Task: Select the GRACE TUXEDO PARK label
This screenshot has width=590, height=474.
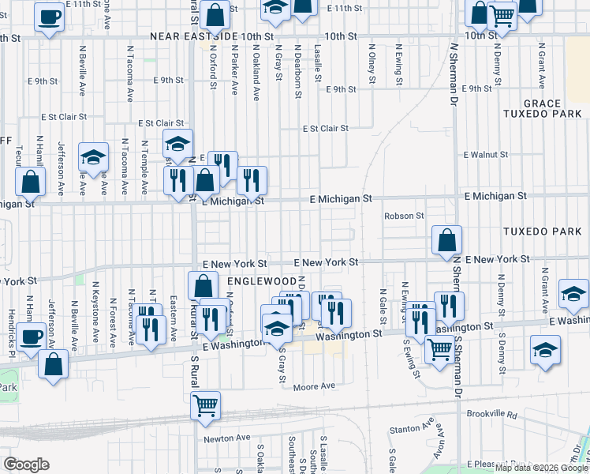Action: [x=552, y=108]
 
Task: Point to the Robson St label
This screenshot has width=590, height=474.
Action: [x=404, y=216]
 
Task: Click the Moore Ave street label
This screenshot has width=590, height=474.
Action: [x=314, y=386]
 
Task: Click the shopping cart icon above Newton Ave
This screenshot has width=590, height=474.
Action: [x=205, y=404]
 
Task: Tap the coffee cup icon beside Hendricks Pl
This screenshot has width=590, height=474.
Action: [x=32, y=337]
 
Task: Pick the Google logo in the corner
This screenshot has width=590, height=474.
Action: [x=26, y=464]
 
